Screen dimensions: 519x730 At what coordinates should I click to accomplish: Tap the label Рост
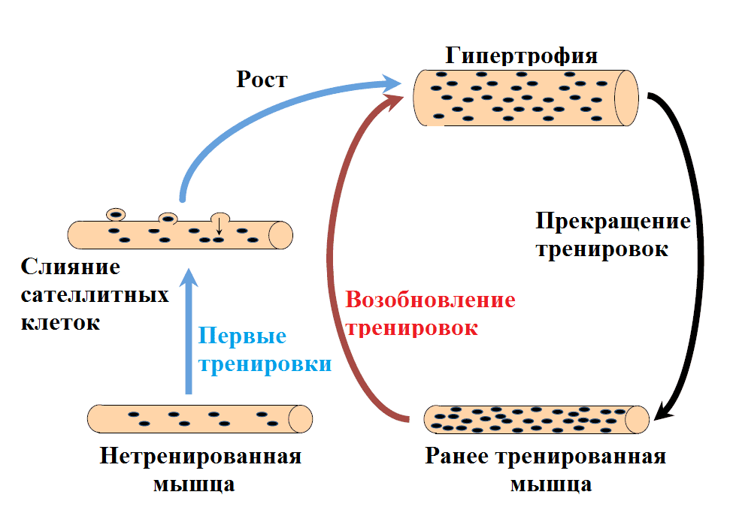pos(262,80)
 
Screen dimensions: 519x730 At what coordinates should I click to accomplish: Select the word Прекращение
pos(612,222)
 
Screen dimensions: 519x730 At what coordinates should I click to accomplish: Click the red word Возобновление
pos(430,300)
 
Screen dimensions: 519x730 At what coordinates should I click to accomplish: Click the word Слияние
pos(71,267)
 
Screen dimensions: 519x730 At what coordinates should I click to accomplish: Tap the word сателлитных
pos(94,294)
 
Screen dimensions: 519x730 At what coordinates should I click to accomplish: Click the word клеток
pos(60,323)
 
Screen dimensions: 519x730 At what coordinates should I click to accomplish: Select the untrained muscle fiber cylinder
pos(199,418)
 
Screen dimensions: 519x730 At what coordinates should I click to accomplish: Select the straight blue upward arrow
pos(189,330)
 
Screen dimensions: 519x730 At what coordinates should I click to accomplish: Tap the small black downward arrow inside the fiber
pos(219,231)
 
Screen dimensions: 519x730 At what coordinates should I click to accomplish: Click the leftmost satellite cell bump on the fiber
pos(115,214)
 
